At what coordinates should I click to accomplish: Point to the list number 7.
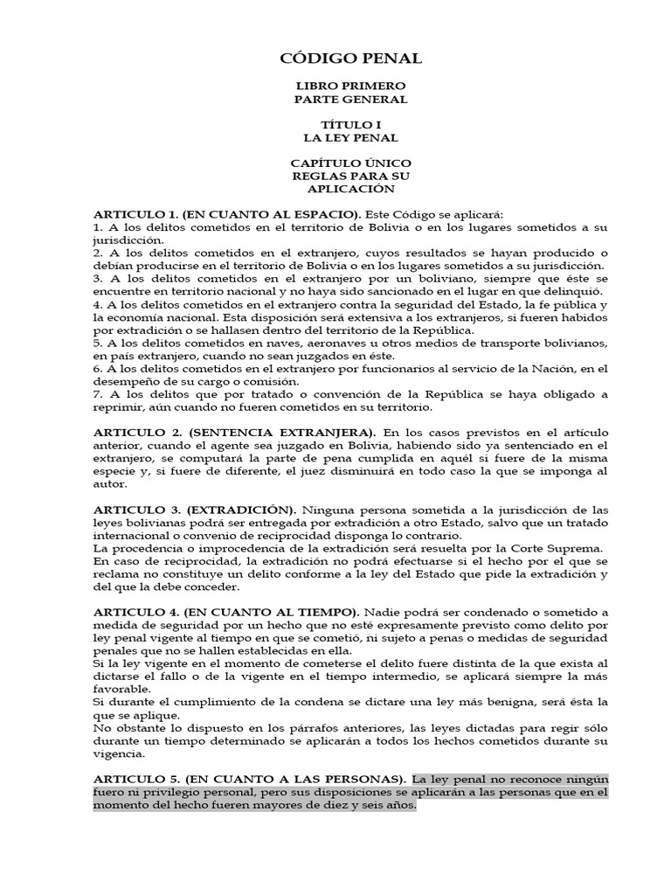97,394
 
